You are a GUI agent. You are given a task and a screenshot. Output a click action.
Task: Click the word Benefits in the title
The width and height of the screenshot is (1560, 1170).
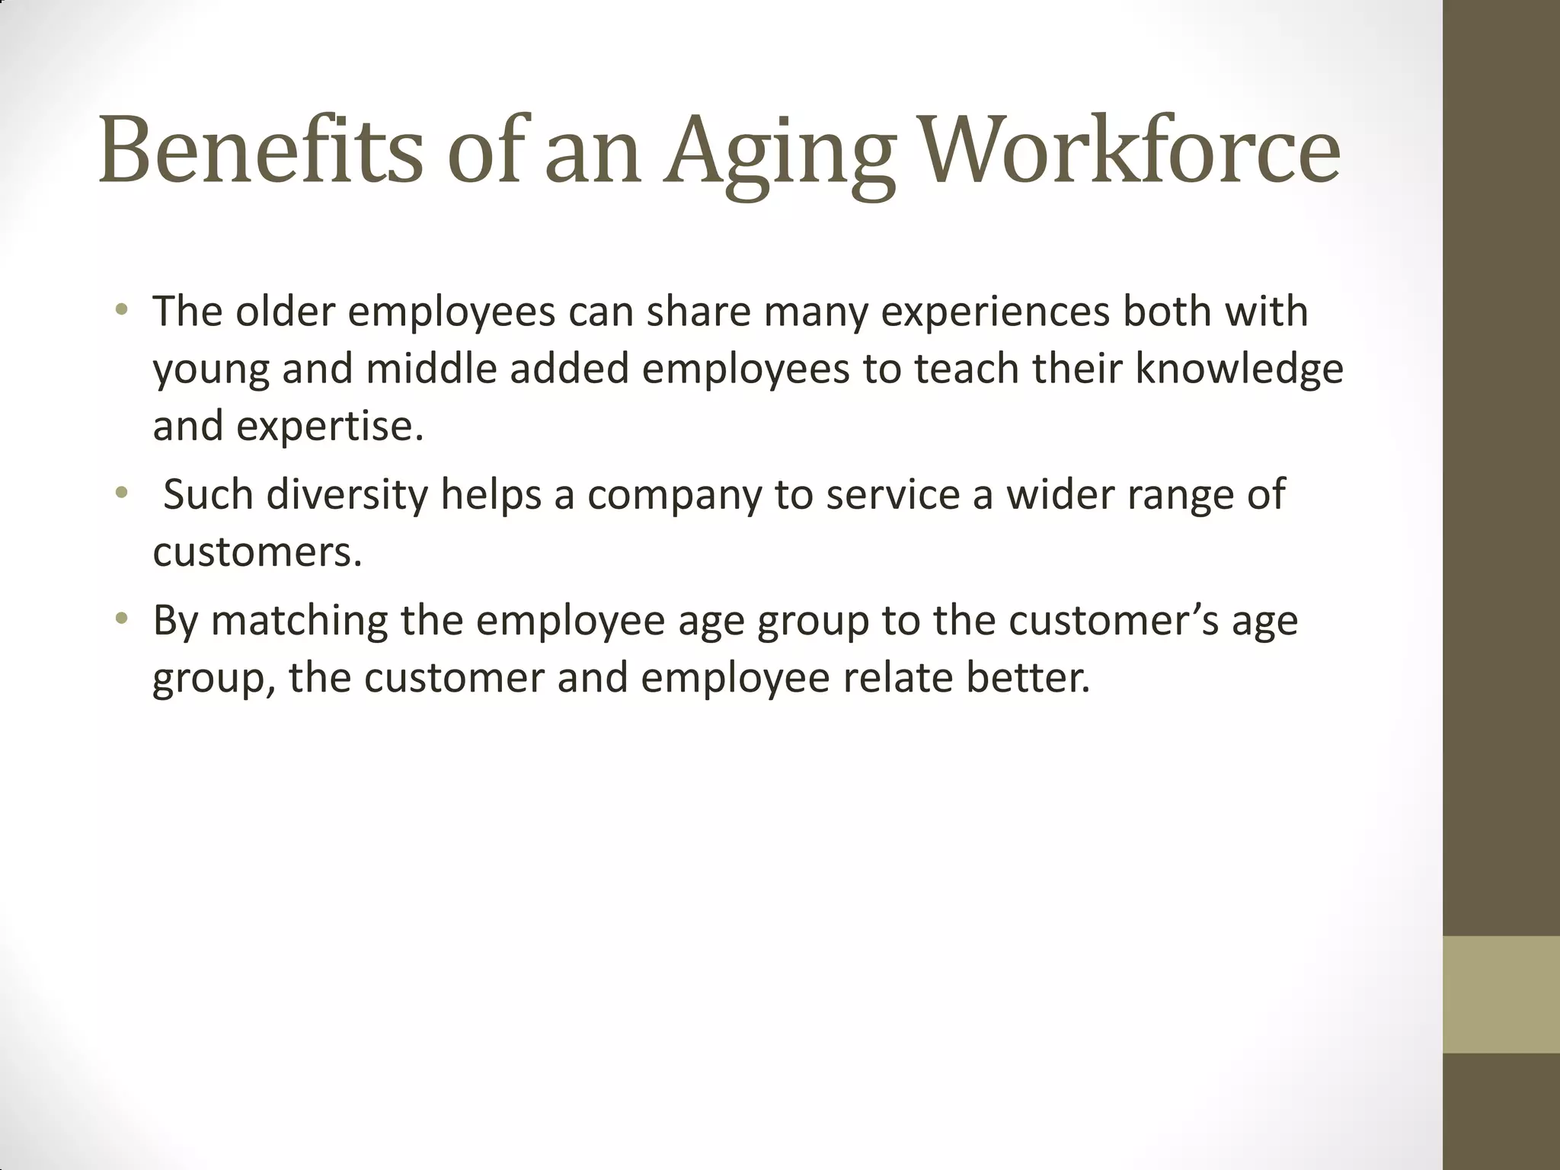click(x=260, y=151)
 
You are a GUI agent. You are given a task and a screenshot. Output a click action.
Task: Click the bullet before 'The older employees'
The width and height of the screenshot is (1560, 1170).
click(x=121, y=311)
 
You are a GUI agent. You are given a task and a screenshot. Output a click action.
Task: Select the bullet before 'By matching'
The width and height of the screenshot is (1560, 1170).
click(x=121, y=619)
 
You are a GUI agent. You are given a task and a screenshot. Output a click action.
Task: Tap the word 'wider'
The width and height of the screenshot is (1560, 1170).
click(x=1060, y=494)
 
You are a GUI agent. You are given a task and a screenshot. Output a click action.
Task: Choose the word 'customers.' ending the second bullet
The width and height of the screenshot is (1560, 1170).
click(x=257, y=552)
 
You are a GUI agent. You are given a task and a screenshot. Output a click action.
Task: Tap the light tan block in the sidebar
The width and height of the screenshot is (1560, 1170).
click(x=1501, y=994)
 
